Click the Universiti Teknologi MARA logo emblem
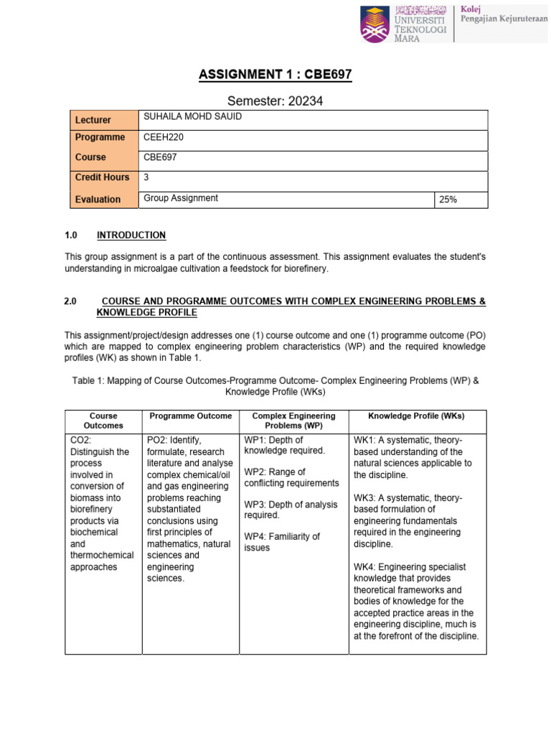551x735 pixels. click(376, 24)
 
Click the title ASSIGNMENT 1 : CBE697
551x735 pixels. click(275, 75)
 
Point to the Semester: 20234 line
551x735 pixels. click(275, 101)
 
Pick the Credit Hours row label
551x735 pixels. click(103, 177)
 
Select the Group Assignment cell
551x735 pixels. click(181, 198)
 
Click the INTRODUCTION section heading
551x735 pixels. click(131, 235)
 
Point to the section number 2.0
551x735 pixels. click(70, 301)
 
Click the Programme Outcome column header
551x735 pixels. click(190, 416)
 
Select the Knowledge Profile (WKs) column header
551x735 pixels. click(416, 416)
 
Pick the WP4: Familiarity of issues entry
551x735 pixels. click(281, 542)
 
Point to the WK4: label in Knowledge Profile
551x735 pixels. click(366, 567)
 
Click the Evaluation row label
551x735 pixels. click(98, 200)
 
